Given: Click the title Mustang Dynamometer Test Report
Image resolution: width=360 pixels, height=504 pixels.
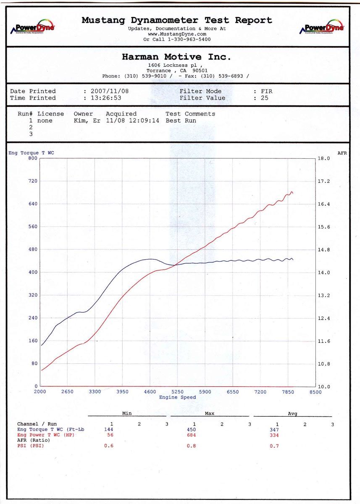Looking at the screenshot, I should pos(177,20).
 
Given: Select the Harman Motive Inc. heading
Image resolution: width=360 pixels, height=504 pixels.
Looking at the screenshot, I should pos(176,57).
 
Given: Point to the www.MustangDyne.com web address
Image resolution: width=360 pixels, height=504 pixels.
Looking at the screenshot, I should pos(177,34).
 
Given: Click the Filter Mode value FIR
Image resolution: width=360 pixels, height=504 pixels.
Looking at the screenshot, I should pos(266,91).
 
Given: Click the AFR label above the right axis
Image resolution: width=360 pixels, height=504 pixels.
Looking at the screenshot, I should pos(342,153).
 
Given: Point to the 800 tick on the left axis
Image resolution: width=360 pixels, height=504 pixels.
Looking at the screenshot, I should pos(33,158).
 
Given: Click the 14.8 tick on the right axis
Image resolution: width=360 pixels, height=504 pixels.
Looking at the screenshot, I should pos(324,250).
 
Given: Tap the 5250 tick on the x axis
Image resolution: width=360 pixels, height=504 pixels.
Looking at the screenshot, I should pos(177,392).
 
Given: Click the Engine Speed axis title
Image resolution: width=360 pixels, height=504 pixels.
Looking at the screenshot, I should pos(177,397).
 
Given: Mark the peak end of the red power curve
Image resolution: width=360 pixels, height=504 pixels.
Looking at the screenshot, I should pos(292,192).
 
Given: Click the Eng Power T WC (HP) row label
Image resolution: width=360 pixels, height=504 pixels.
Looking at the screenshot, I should pos(43,435).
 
